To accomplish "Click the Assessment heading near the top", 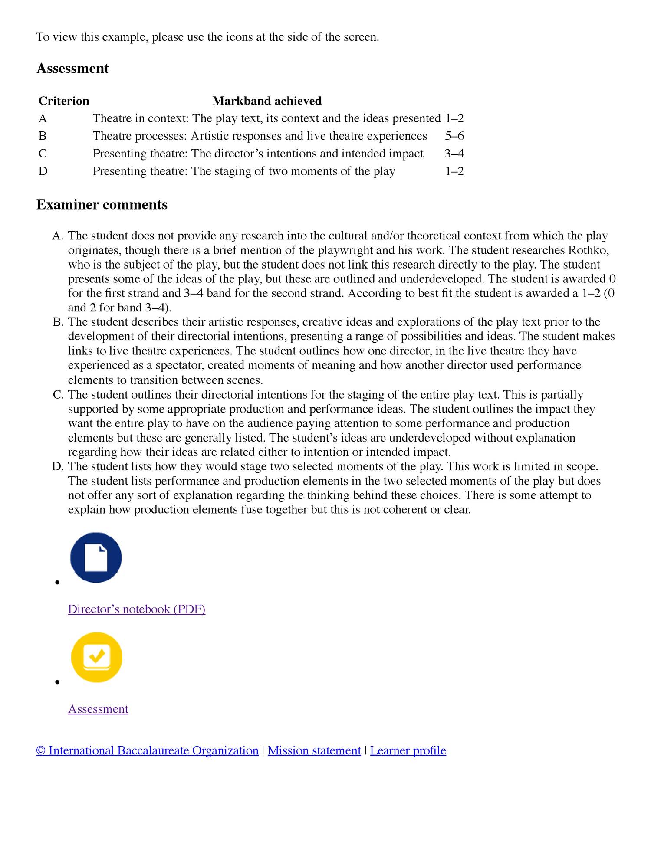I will click(72, 69).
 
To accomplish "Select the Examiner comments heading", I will click(102, 205).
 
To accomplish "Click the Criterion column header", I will click(64, 101).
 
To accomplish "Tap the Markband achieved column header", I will click(267, 101).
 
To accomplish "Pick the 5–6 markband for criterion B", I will click(454, 136).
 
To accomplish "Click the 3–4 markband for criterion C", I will click(454, 154).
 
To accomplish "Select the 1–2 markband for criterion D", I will click(454, 171).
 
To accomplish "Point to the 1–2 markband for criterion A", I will click(454, 118).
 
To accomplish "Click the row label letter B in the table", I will click(43, 136).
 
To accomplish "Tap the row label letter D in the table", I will click(43, 171).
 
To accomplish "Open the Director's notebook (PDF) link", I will click(137, 609).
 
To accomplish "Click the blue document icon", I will click(96, 557).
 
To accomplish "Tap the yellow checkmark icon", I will click(96, 657).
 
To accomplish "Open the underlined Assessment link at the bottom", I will click(98, 709).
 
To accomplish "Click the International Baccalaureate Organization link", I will click(148, 751).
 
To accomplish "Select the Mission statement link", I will click(314, 751).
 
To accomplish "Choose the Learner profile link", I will click(408, 751).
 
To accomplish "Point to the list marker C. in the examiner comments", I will click(58, 395).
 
